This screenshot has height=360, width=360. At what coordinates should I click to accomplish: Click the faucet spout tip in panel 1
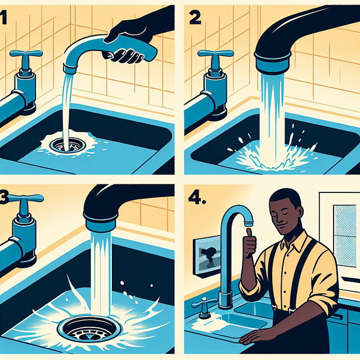click(x=69, y=68)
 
